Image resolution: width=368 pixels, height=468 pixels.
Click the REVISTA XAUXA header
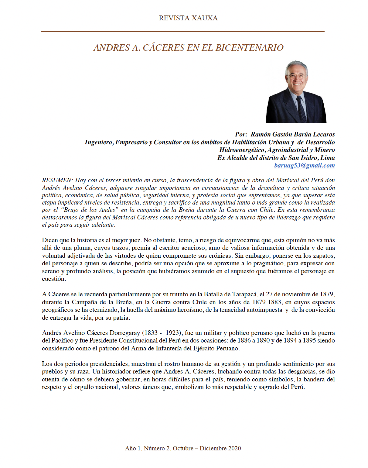coord(188,18)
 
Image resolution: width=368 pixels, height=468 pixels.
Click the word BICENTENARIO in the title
coord(249,48)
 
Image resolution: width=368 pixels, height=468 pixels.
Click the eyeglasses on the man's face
coord(296,76)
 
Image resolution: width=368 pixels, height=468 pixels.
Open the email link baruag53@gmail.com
coord(304,165)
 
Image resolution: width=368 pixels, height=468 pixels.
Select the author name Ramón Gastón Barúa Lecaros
coord(293,134)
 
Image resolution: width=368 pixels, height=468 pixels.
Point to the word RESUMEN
coord(57,180)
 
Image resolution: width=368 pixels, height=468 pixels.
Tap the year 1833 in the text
coord(150,333)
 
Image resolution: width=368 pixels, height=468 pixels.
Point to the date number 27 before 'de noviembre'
coord(269,294)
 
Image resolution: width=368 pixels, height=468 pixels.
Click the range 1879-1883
coord(267,302)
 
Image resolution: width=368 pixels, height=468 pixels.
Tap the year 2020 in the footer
coord(234,448)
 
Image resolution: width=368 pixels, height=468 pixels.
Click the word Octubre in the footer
coord(183,448)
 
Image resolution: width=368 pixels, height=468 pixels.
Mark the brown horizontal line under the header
coord(183,31)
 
